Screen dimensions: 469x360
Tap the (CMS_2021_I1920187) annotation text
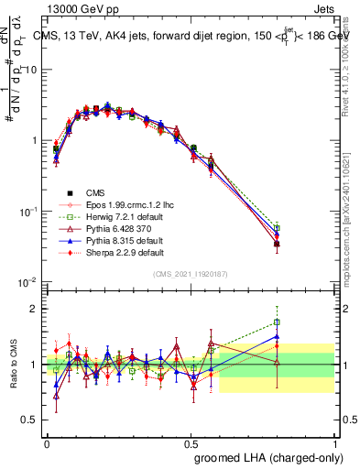pyautogui.click(x=191, y=273)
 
